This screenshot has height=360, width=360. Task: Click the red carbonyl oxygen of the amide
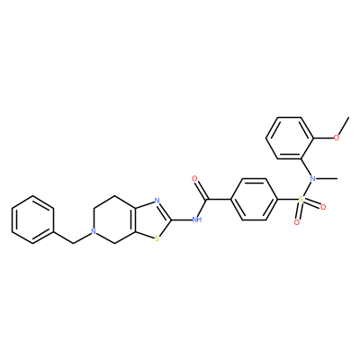click(x=194, y=179)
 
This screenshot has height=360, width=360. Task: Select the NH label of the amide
click(x=196, y=220)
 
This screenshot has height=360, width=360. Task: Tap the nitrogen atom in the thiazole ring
click(x=157, y=200)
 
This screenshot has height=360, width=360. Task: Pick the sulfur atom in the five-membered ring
click(x=157, y=239)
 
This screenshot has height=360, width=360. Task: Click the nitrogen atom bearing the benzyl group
click(x=94, y=232)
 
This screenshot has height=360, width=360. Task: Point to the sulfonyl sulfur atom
click(x=301, y=199)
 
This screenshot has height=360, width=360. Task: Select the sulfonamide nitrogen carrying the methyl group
click(x=312, y=179)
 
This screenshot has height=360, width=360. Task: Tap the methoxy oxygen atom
click(x=337, y=138)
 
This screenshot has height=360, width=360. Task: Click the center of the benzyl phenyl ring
click(x=33, y=220)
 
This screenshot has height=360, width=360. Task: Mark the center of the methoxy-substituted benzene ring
click(x=290, y=138)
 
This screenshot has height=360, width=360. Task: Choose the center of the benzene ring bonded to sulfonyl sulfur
click(x=255, y=200)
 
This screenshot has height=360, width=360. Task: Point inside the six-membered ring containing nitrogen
click(x=115, y=220)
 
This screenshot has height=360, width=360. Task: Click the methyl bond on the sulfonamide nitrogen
click(x=327, y=179)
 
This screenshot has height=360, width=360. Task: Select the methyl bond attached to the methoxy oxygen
click(x=343, y=128)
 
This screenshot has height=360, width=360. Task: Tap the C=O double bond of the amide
click(x=201, y=189)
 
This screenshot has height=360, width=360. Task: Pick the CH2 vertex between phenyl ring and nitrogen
click(x=74, y=244)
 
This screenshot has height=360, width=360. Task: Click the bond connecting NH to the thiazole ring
click(x=181, y=220)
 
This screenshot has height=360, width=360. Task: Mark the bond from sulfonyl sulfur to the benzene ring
click(x=288, y=200)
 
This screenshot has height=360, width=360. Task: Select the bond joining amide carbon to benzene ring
click(x=219, y=200)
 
